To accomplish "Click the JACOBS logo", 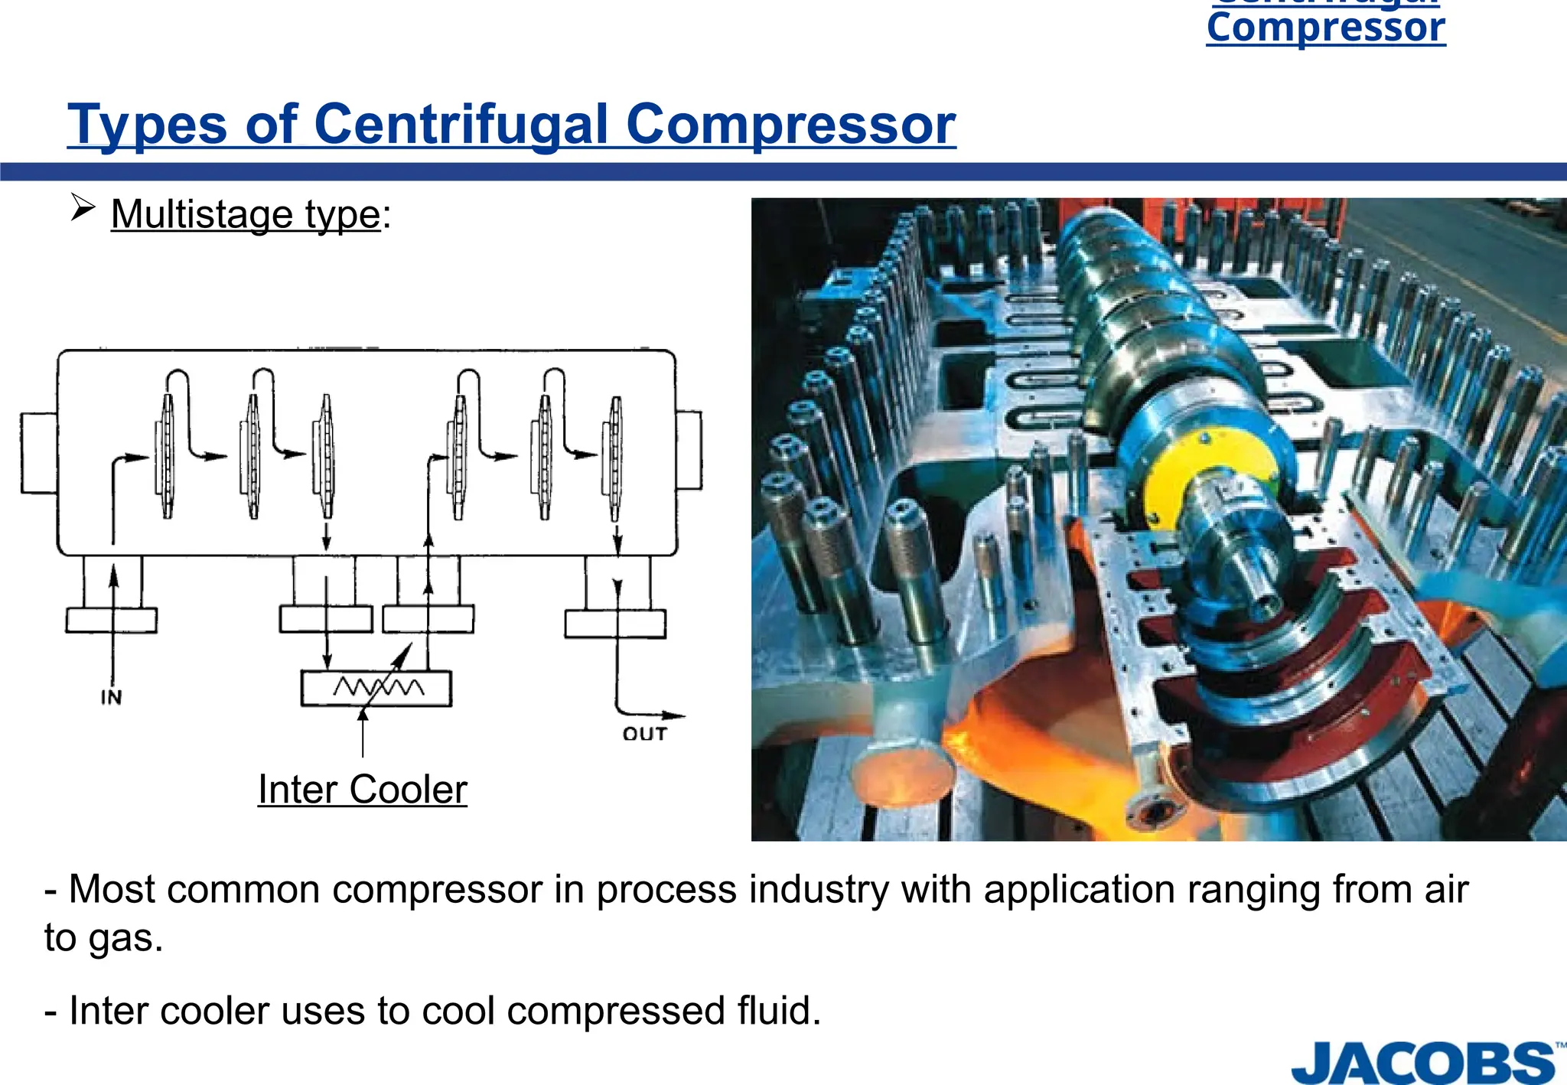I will [x=1424, y=1063].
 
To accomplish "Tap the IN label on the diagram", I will [x=111, y=697].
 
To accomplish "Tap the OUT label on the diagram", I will [x=644, y=734].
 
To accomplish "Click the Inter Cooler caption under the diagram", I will [x=362, y=790].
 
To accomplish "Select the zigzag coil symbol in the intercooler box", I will [x=378, y=686].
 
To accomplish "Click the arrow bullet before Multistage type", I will [x=82, y=207].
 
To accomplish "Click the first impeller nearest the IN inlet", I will [x=166, y=456].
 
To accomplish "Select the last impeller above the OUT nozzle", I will [x=615, y=458].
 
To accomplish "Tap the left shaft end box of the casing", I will [x=38, y=453].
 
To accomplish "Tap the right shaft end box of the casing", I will [x=689, y=450].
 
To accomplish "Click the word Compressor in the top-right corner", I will [x=1325, y=28].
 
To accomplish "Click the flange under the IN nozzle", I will [x=112, y=620].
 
